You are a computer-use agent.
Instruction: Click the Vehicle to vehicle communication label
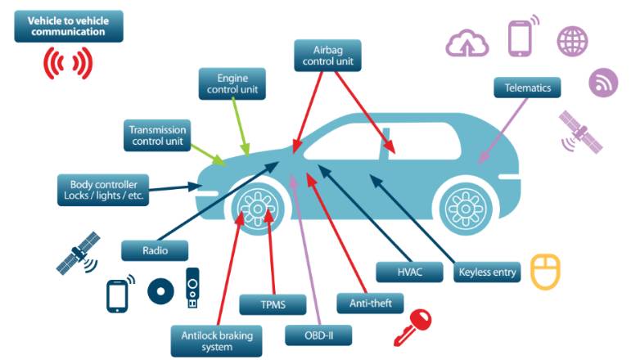[68, 25]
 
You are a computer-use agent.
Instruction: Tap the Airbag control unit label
[327, 56]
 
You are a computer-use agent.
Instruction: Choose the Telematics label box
[527, 88]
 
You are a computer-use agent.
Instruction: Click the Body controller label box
[103, 190]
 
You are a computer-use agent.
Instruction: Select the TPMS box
[272, 304]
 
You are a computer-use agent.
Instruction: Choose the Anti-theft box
[370, 303]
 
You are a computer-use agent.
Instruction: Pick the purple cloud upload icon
[466, 42]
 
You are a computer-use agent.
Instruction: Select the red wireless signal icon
[68, 62]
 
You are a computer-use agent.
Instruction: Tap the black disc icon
[160, 291]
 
